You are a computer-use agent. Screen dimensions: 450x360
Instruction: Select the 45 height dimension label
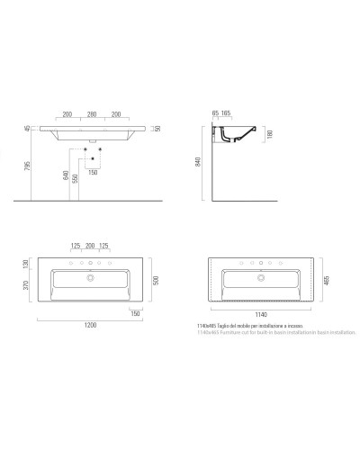28,128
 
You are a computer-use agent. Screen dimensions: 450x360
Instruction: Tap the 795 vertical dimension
28,167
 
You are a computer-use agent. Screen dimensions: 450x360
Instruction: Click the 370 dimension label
29,286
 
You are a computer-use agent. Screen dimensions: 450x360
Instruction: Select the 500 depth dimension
156,280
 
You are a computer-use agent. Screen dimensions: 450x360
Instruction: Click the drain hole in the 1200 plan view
91,276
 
